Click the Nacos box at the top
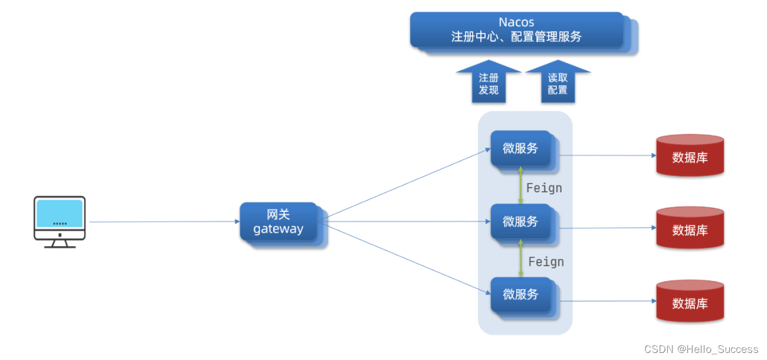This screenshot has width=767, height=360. click(517, 30)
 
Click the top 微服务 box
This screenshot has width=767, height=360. click(520, 149)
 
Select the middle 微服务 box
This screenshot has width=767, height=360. click(520, 222)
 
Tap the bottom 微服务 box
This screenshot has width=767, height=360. click(520, 294)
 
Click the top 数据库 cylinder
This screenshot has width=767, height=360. click(690, 156)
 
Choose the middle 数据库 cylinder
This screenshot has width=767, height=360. click(690, 229)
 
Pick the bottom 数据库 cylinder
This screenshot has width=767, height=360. click(690, 302)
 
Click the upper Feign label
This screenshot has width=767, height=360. click(544, 188)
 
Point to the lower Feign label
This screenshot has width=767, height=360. click(546, 261)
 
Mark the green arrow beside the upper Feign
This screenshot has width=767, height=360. click(520, 185)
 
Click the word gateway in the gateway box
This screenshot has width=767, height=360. click(278, 229)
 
